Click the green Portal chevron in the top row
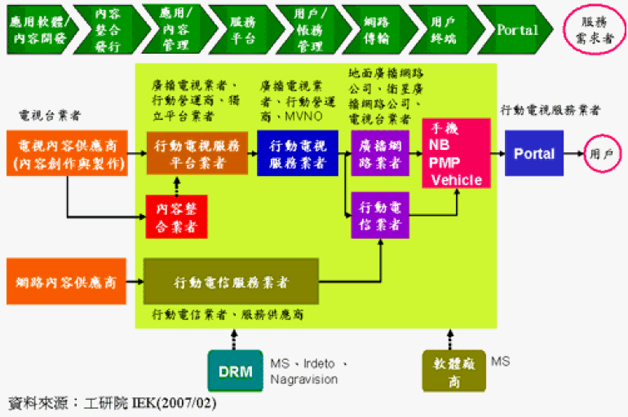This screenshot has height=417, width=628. point(515,30)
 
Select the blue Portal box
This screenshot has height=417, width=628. point(534,153)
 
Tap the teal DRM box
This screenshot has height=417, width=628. point(235,371)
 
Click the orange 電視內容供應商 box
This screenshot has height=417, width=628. point(67,154)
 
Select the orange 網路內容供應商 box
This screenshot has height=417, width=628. point(67,283)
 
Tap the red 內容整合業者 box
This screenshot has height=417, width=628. point(176,216)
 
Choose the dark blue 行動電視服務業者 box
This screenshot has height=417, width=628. point(297,154)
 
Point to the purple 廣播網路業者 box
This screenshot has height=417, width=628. point(379,154)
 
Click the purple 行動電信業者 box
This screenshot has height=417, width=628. point(379,215)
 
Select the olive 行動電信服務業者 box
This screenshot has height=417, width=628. point(231,283)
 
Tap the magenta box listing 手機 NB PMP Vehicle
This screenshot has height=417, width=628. point(456,153)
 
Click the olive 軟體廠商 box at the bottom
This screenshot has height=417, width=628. point(453,371)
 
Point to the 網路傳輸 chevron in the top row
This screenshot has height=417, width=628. point(371,30)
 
